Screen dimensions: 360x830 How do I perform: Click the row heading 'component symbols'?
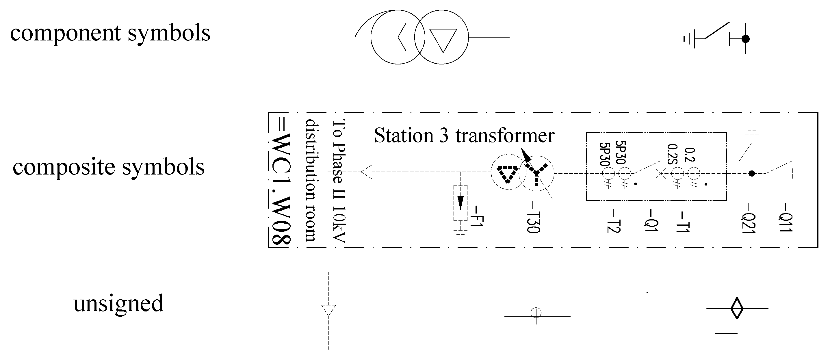[x=110, y=33]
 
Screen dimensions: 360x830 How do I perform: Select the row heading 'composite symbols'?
[x=109, y=167]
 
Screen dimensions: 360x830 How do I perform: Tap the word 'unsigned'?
[x=118, y=304]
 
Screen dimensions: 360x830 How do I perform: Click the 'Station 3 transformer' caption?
[x=464, y=136]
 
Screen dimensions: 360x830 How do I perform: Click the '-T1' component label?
[x=682, y=222]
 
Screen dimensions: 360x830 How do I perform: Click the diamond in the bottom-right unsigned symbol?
[x=737, y=309]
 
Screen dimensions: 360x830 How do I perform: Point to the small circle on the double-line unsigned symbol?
[x=536, y=312]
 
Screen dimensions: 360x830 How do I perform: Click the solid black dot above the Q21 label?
[x=752, y=173]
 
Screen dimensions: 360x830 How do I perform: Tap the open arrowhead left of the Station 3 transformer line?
[x=367, y=172]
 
